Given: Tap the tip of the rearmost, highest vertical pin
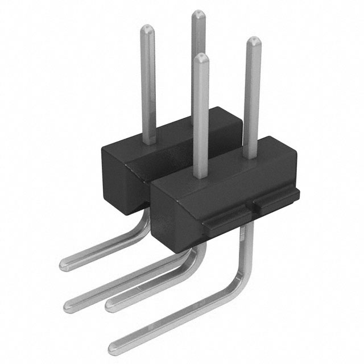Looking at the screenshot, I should click(x=198, y=14).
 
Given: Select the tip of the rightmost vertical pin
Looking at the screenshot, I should click(x=253, y=40).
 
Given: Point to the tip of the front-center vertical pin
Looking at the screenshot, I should click(x=200, y=57).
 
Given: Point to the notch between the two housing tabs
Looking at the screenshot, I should click(x=250, y=209).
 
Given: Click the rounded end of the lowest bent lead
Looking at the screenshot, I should click(x=114, y=343).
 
